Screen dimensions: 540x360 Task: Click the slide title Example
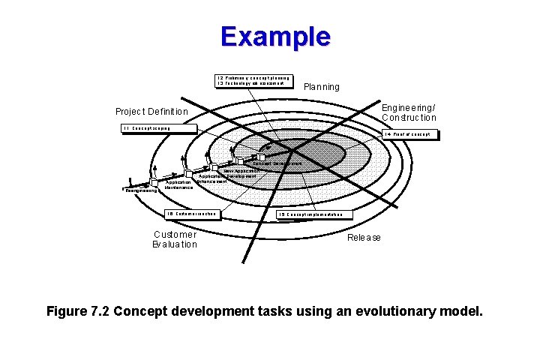275,37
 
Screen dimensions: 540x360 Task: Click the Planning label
321,87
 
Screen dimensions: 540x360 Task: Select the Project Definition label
151,112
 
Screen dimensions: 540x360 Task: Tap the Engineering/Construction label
408,112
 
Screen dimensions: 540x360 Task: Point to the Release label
364,238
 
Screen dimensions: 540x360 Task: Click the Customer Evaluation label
175,239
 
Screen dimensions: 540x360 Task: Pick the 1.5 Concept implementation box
314,214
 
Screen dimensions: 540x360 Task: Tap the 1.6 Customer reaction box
193,214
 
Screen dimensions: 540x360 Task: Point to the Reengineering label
142,191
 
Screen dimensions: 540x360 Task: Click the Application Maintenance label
178,184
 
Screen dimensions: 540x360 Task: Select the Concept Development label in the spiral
277,163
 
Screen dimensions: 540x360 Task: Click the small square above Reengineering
154,182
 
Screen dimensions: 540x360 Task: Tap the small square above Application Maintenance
188,174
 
